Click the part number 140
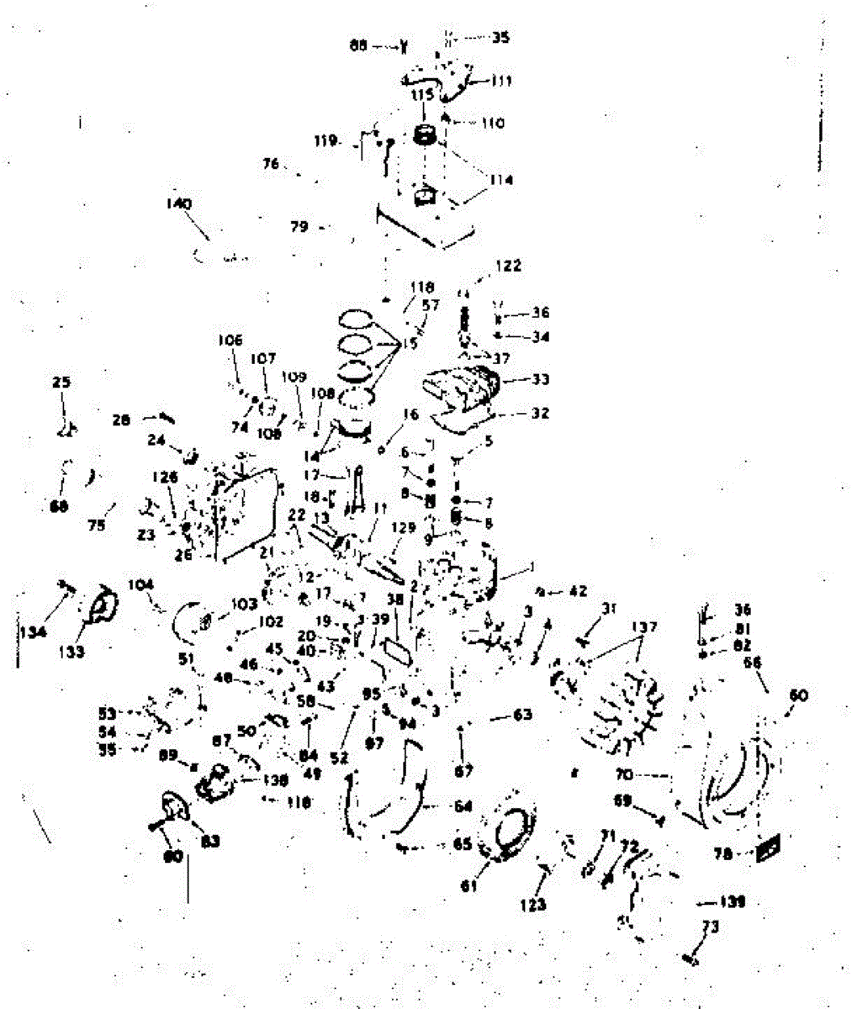pyautogui.click(x=179, y=203)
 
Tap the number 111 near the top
pyautogui.click(x=502, y=81)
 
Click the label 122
pyautogui.click(x=507, y=266)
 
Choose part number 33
pyautogui.click(x=540, y=379)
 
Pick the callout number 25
pyautogui.click(x=61, y=383)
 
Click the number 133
pyautogui.click(x=75, y=651)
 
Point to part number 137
pyautogui.click(x=645, y=627)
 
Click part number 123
pyautogui.click(x=533, y=905)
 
